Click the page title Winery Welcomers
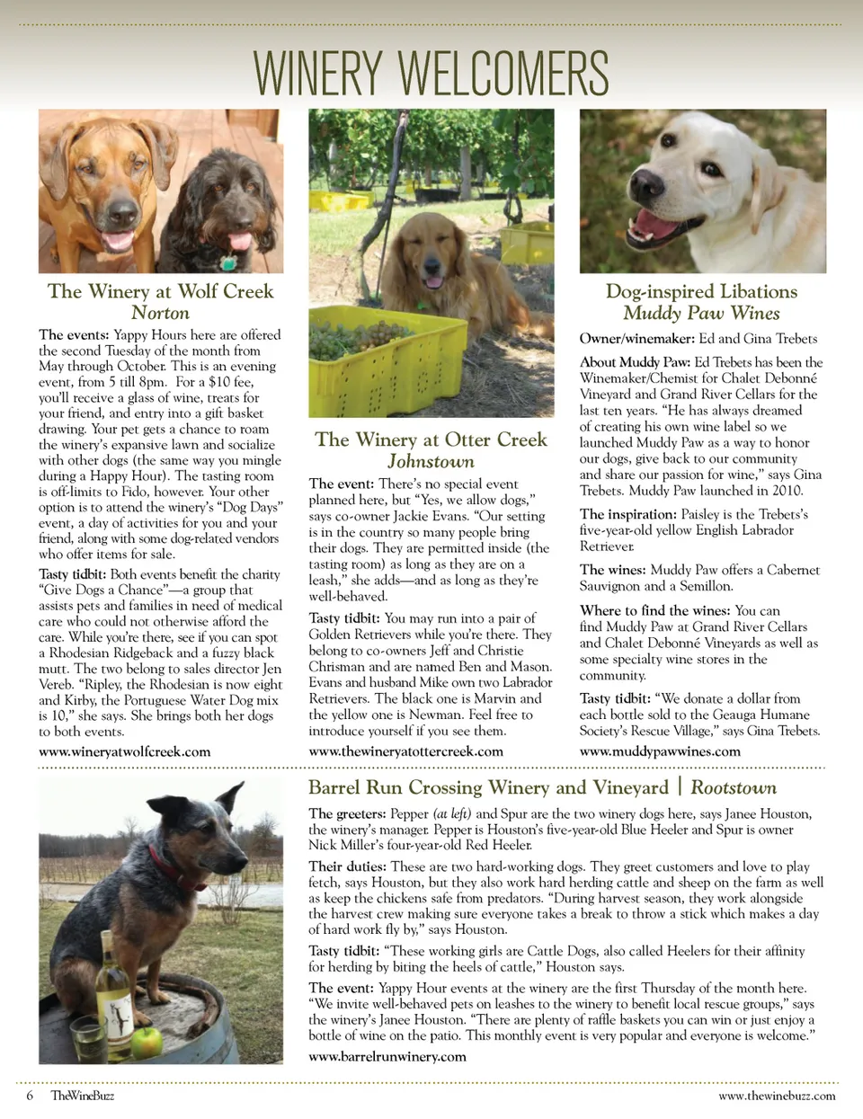[x=431, y=73]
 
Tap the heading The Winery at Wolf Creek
[x=160, y=291]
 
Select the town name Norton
[x=160, y=313]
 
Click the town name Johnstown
[x=431, y=461]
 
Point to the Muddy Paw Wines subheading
[x=701, y=313]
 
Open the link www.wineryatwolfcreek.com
[x=124, y=751]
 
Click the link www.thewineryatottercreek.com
[x=405, y=751]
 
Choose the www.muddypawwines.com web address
[x=660, y=751]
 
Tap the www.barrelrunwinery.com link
[x=387, y=1056]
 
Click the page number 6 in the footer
[x=30, y=1096]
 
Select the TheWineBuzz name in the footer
[x=83, y=1096]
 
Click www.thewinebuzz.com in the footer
[x=777, y=1096]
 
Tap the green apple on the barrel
[x=147, y=1042]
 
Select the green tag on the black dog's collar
[x=228, y=263]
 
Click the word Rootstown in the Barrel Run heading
[x=734, y=788]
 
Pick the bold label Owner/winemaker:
[x=636, y=339]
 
